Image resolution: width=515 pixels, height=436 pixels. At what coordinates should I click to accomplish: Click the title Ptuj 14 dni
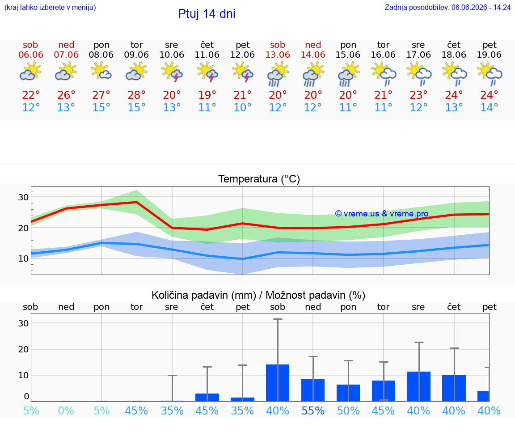tap(207, 14)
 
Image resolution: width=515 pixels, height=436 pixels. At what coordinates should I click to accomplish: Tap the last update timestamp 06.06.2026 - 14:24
tap(481, 7)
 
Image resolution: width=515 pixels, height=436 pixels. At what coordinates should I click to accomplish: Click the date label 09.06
tap(136, 55)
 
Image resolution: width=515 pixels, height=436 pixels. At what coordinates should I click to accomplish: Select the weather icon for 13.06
tap(278, 75)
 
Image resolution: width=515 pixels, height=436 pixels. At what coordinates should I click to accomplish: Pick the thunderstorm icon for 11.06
tap(207, 73)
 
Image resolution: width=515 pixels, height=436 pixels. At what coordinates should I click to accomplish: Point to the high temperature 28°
tap(136, 95)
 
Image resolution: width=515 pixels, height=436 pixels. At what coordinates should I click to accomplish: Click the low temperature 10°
tap(242, 107)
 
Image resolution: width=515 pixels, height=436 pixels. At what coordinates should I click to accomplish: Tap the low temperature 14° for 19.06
tap(489, 107)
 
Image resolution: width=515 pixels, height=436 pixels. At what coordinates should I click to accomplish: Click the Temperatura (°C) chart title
tap(259, 179)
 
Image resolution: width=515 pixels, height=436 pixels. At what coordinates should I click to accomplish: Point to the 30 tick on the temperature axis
tap(23, 197)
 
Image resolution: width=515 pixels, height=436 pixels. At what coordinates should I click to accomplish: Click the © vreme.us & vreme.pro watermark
tap(382, 214)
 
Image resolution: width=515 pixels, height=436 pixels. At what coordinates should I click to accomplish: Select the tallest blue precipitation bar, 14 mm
tap(278, 383)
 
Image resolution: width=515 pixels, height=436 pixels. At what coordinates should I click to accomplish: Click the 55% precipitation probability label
tap(313, 411)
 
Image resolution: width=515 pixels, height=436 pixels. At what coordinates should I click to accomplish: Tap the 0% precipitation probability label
tap(66, 411)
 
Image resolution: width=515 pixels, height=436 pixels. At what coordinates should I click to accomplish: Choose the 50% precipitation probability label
tap(348, 411)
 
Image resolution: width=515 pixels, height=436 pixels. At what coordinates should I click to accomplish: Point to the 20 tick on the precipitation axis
tap(23, 349)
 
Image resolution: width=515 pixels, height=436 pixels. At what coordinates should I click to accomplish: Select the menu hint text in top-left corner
tap(50, 7)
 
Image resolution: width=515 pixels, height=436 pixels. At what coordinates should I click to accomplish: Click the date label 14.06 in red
tap(313, 55)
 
